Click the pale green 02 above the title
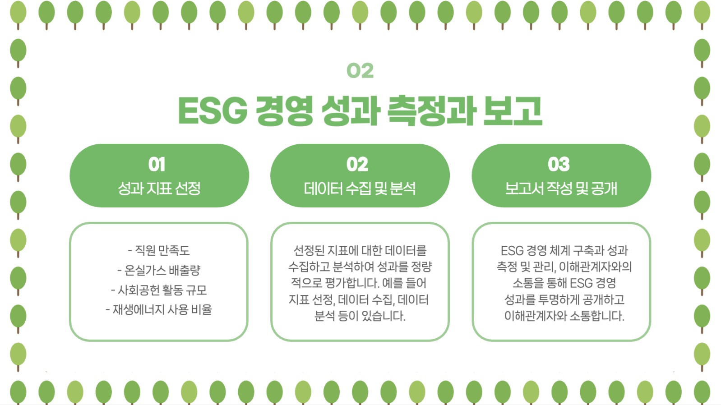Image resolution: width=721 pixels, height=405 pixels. point(360,70)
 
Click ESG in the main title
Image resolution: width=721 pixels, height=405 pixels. point(213,111)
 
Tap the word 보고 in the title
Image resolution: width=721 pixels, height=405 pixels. point(512,111)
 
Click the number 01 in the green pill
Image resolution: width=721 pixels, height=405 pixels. point(157,164)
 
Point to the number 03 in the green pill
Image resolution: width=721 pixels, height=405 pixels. point(559,164)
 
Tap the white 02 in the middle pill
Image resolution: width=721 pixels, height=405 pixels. point(357,164)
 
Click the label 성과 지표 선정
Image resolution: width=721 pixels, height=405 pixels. point(159,188)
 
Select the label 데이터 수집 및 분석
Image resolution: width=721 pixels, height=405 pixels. point(360,188)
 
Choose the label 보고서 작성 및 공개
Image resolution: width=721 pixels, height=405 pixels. point(561,188)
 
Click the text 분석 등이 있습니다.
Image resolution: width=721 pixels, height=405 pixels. point(360,316)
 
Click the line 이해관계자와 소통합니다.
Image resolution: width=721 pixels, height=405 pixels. point(564,316)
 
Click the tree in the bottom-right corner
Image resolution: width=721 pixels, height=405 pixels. point(702,391)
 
